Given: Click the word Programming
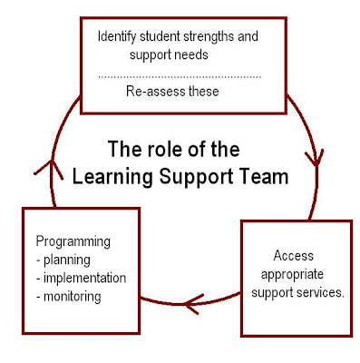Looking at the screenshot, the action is pos(72,243).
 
